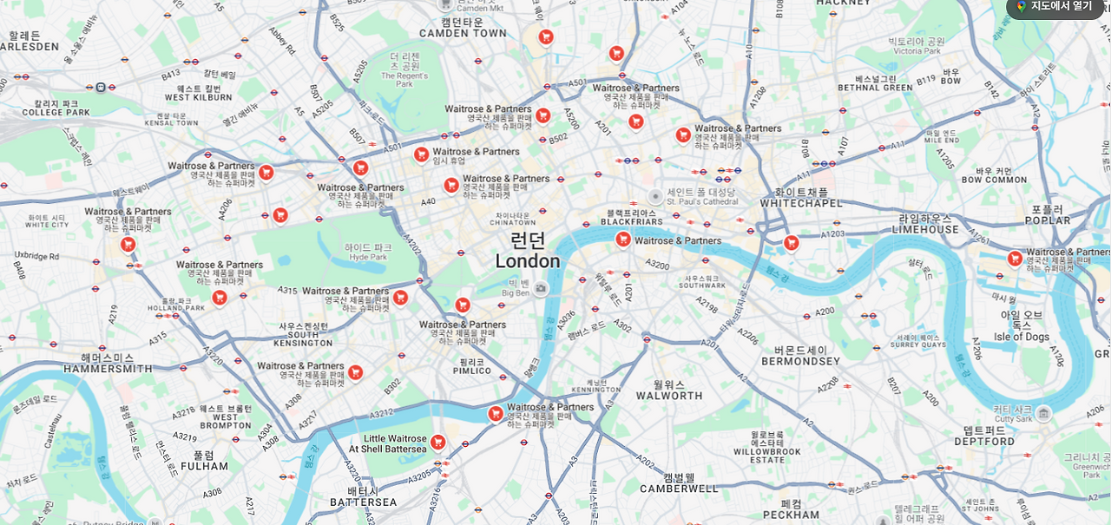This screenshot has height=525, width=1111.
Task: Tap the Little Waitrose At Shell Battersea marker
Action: [x=438, y=443]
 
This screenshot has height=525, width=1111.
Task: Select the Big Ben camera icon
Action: [x=541, y=288]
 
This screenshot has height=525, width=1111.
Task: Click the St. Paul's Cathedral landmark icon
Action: [x=655, y=197]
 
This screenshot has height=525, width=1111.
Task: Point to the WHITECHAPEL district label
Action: [x=801, y=203]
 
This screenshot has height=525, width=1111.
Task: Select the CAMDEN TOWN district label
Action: [x=463, y=33]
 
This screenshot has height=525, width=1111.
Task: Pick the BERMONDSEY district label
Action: [x=800, y=361]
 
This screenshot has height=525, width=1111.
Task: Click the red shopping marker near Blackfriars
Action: [x=623, y=240]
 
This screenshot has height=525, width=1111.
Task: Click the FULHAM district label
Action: [x=204, y=466]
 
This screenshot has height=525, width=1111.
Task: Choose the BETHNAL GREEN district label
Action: [x=875, y=88]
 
